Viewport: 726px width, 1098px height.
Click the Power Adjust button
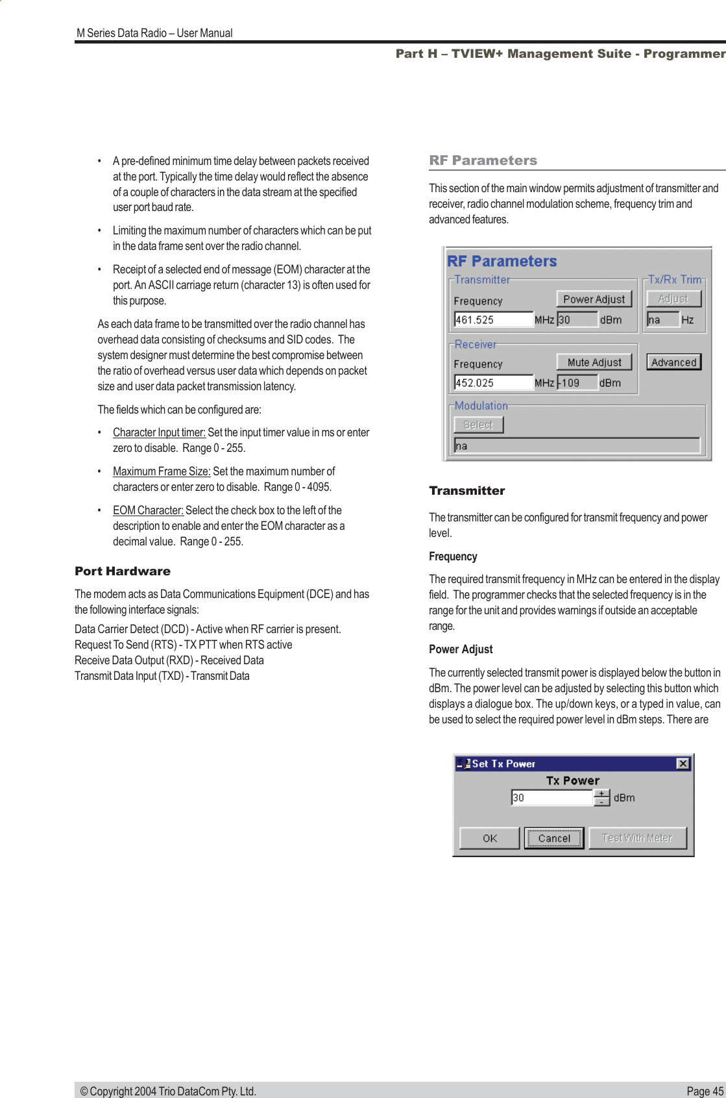coord(594,299)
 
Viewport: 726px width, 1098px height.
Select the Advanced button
coord(673,362)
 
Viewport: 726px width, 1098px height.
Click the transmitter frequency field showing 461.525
coord(493,319)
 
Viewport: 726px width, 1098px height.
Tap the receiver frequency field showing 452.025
coord(493,382)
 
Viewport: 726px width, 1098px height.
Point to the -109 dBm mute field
coord(577,382)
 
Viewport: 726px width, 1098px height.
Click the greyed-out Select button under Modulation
coord(478,425)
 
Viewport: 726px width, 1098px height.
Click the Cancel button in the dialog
coord(554,838)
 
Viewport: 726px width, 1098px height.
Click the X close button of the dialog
coord(683,764)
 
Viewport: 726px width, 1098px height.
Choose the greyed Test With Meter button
coord(637,838)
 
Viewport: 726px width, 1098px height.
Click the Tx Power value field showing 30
coord(551,797)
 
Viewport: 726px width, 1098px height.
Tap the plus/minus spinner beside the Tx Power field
coord(602,797)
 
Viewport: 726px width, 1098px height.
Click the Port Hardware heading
coord(123,571)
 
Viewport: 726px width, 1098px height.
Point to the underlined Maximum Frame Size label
coord(162,471)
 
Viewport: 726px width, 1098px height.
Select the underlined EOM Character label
coord(148,510)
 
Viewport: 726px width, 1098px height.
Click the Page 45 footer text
coord(705,1091)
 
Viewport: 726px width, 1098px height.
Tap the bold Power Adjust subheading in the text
coord(461,649)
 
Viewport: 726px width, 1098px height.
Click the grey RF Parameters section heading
coord(483,160)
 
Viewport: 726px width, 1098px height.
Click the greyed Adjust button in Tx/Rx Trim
coord(673,299)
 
